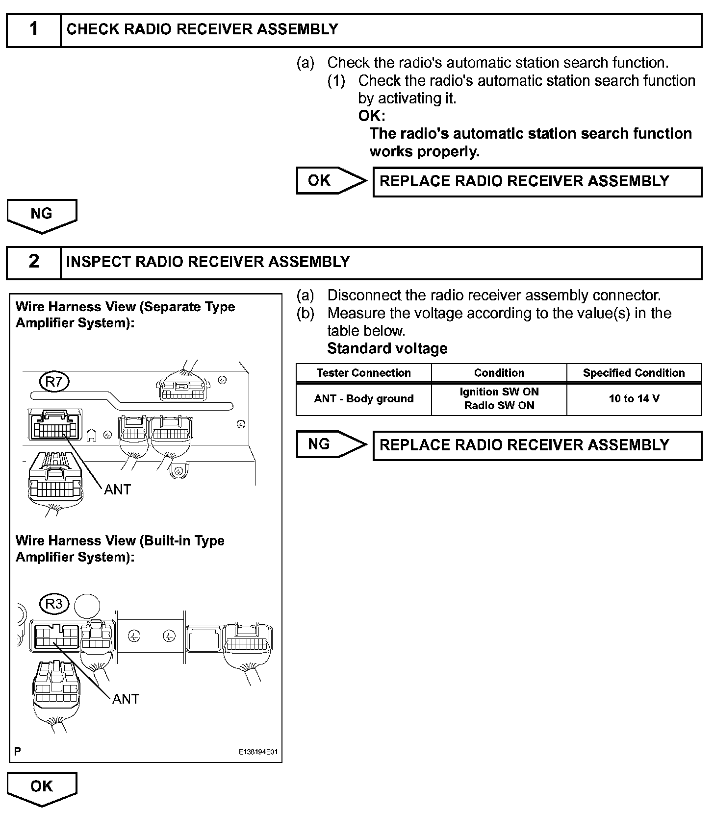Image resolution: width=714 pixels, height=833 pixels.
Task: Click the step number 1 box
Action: tap(33, 29)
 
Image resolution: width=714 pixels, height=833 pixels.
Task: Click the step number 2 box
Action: tap(33, 262)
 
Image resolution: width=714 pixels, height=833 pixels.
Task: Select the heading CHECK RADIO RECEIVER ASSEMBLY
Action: tap(202, 29)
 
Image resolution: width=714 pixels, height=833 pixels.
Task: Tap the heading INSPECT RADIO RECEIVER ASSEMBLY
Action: tap(208, 262)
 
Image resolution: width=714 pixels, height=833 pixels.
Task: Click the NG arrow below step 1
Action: tap(42, 215)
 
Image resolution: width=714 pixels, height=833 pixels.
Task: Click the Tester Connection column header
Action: tap(363, 373)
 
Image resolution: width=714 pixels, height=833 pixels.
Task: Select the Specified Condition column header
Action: tap(634, 373)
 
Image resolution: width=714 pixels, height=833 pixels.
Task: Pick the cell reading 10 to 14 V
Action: tap(634, 399)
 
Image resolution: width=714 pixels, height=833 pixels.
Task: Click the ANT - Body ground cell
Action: tap(363, 399)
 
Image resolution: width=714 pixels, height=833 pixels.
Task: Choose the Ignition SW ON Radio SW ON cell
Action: tap(499, 399)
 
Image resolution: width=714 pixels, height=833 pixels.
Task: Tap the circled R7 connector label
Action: tap(54, 382)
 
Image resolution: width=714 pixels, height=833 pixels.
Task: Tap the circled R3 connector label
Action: tap(54, 604)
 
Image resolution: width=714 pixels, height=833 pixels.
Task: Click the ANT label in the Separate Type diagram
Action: tap(117, 490)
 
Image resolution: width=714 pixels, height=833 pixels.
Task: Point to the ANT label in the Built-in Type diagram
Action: tap(126, 699)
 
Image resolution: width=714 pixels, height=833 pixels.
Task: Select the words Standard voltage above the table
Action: tap(387, 348)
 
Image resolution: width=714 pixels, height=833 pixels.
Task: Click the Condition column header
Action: tap(499, 373)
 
